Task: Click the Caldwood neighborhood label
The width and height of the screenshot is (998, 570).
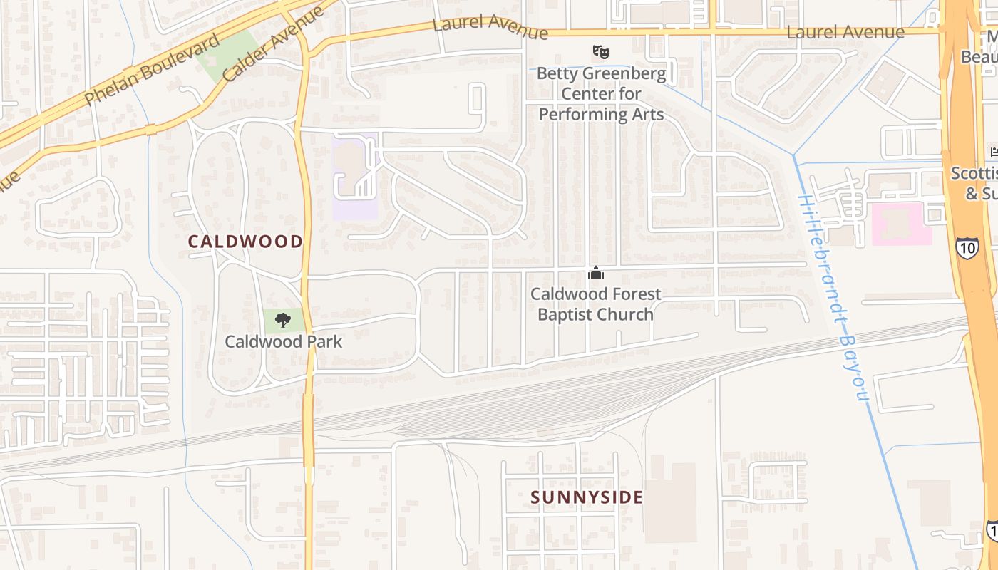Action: pos(245,242)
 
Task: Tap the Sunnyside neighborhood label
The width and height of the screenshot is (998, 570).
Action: pos(587,497)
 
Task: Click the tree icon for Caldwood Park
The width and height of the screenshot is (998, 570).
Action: pos(283,320)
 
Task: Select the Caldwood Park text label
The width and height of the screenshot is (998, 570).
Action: pos(284,342)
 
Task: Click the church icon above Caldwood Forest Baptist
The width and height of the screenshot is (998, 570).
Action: pos(596,273)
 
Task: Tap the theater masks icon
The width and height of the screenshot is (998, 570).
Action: pos(601,51)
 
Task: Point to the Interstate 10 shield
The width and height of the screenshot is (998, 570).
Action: pos(967,248)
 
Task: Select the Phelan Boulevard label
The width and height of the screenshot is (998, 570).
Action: pos(151,70)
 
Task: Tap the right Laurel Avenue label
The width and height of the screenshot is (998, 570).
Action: pos(845,32)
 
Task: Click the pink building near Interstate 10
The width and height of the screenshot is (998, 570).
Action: pos(902,224)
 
